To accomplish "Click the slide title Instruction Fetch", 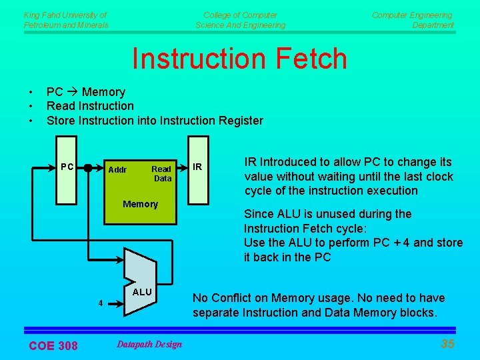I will pos(239,59).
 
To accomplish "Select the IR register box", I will pos(198,169).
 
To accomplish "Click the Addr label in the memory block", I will pos(117,170).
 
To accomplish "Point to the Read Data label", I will pos(162,174).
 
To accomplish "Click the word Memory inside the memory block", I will pos(140,204).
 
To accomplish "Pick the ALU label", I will pos(142,292).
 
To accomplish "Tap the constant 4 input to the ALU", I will pos(101,303).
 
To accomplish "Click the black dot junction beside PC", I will pos(87,169).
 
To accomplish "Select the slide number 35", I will pos(448,344).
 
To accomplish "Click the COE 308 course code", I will pos(53,345).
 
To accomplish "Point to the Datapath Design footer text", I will pos(149,344).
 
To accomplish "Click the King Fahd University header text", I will pos(65,19).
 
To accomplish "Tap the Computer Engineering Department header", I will pos(413,19).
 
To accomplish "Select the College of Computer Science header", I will pos(240,19).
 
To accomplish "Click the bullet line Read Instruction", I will pos(90,106).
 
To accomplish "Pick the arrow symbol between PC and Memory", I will pos(70,92).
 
